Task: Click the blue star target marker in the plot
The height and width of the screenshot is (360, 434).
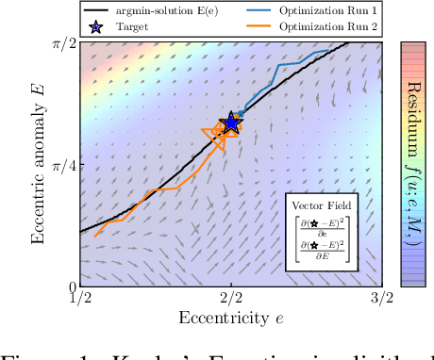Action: click(230, 124)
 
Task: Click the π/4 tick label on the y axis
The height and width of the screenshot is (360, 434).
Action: click(62, 164)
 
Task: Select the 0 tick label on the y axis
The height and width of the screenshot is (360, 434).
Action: click(70, 286)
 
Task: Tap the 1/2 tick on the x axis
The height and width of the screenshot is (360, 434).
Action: click(80, 299)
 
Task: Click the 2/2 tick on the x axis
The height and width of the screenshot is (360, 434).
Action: click(230, 299)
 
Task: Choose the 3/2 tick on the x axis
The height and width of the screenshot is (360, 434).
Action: click(379, 299)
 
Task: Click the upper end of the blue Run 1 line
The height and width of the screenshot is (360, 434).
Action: click(328, 51)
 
